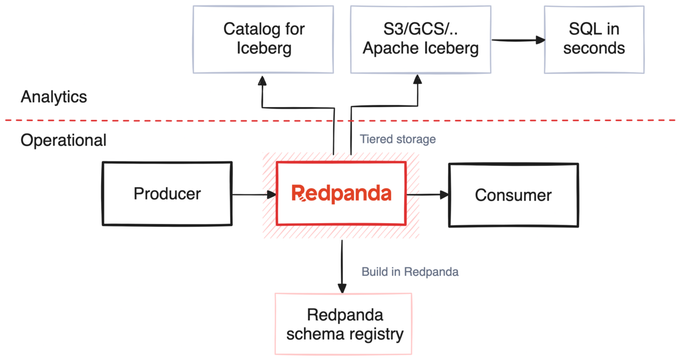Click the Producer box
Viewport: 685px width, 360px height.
coord(167,193)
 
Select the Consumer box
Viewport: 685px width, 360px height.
coord(513,195)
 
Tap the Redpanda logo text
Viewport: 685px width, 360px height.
coord(341,194)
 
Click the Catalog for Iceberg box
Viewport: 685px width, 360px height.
coord(263,39)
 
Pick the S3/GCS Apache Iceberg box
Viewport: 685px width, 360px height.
coord(420,39)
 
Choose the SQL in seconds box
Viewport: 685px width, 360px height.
coord(593,39)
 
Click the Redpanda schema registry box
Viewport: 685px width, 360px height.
coord(343,324)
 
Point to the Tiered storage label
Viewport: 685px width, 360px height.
coord(398,139)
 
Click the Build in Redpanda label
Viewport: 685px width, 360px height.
coord(410,272)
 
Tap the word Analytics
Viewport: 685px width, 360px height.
coord(54,97)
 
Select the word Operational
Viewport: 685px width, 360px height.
coord(63,140)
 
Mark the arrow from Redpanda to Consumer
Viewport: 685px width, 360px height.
coord(428,195)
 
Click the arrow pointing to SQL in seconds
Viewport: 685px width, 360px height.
coord(518,40)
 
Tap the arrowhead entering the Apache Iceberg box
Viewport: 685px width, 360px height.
coord(417,79)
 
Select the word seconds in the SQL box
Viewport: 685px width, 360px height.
coord(594,48)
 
